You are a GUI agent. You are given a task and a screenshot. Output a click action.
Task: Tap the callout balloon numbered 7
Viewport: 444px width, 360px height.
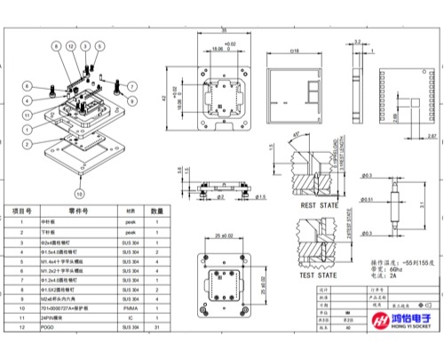pos(131,86)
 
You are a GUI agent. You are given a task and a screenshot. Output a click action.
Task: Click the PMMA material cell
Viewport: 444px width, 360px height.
pos(130,308)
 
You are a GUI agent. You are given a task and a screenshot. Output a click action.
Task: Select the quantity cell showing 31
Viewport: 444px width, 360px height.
pos(156,328)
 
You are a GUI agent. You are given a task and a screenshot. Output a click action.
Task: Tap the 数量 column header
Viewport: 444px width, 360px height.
pos(156,211)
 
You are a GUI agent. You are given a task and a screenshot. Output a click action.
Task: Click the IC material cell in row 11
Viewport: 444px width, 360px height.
pos(130,318)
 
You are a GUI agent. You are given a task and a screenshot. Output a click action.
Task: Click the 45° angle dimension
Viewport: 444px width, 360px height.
pos(294,134)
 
